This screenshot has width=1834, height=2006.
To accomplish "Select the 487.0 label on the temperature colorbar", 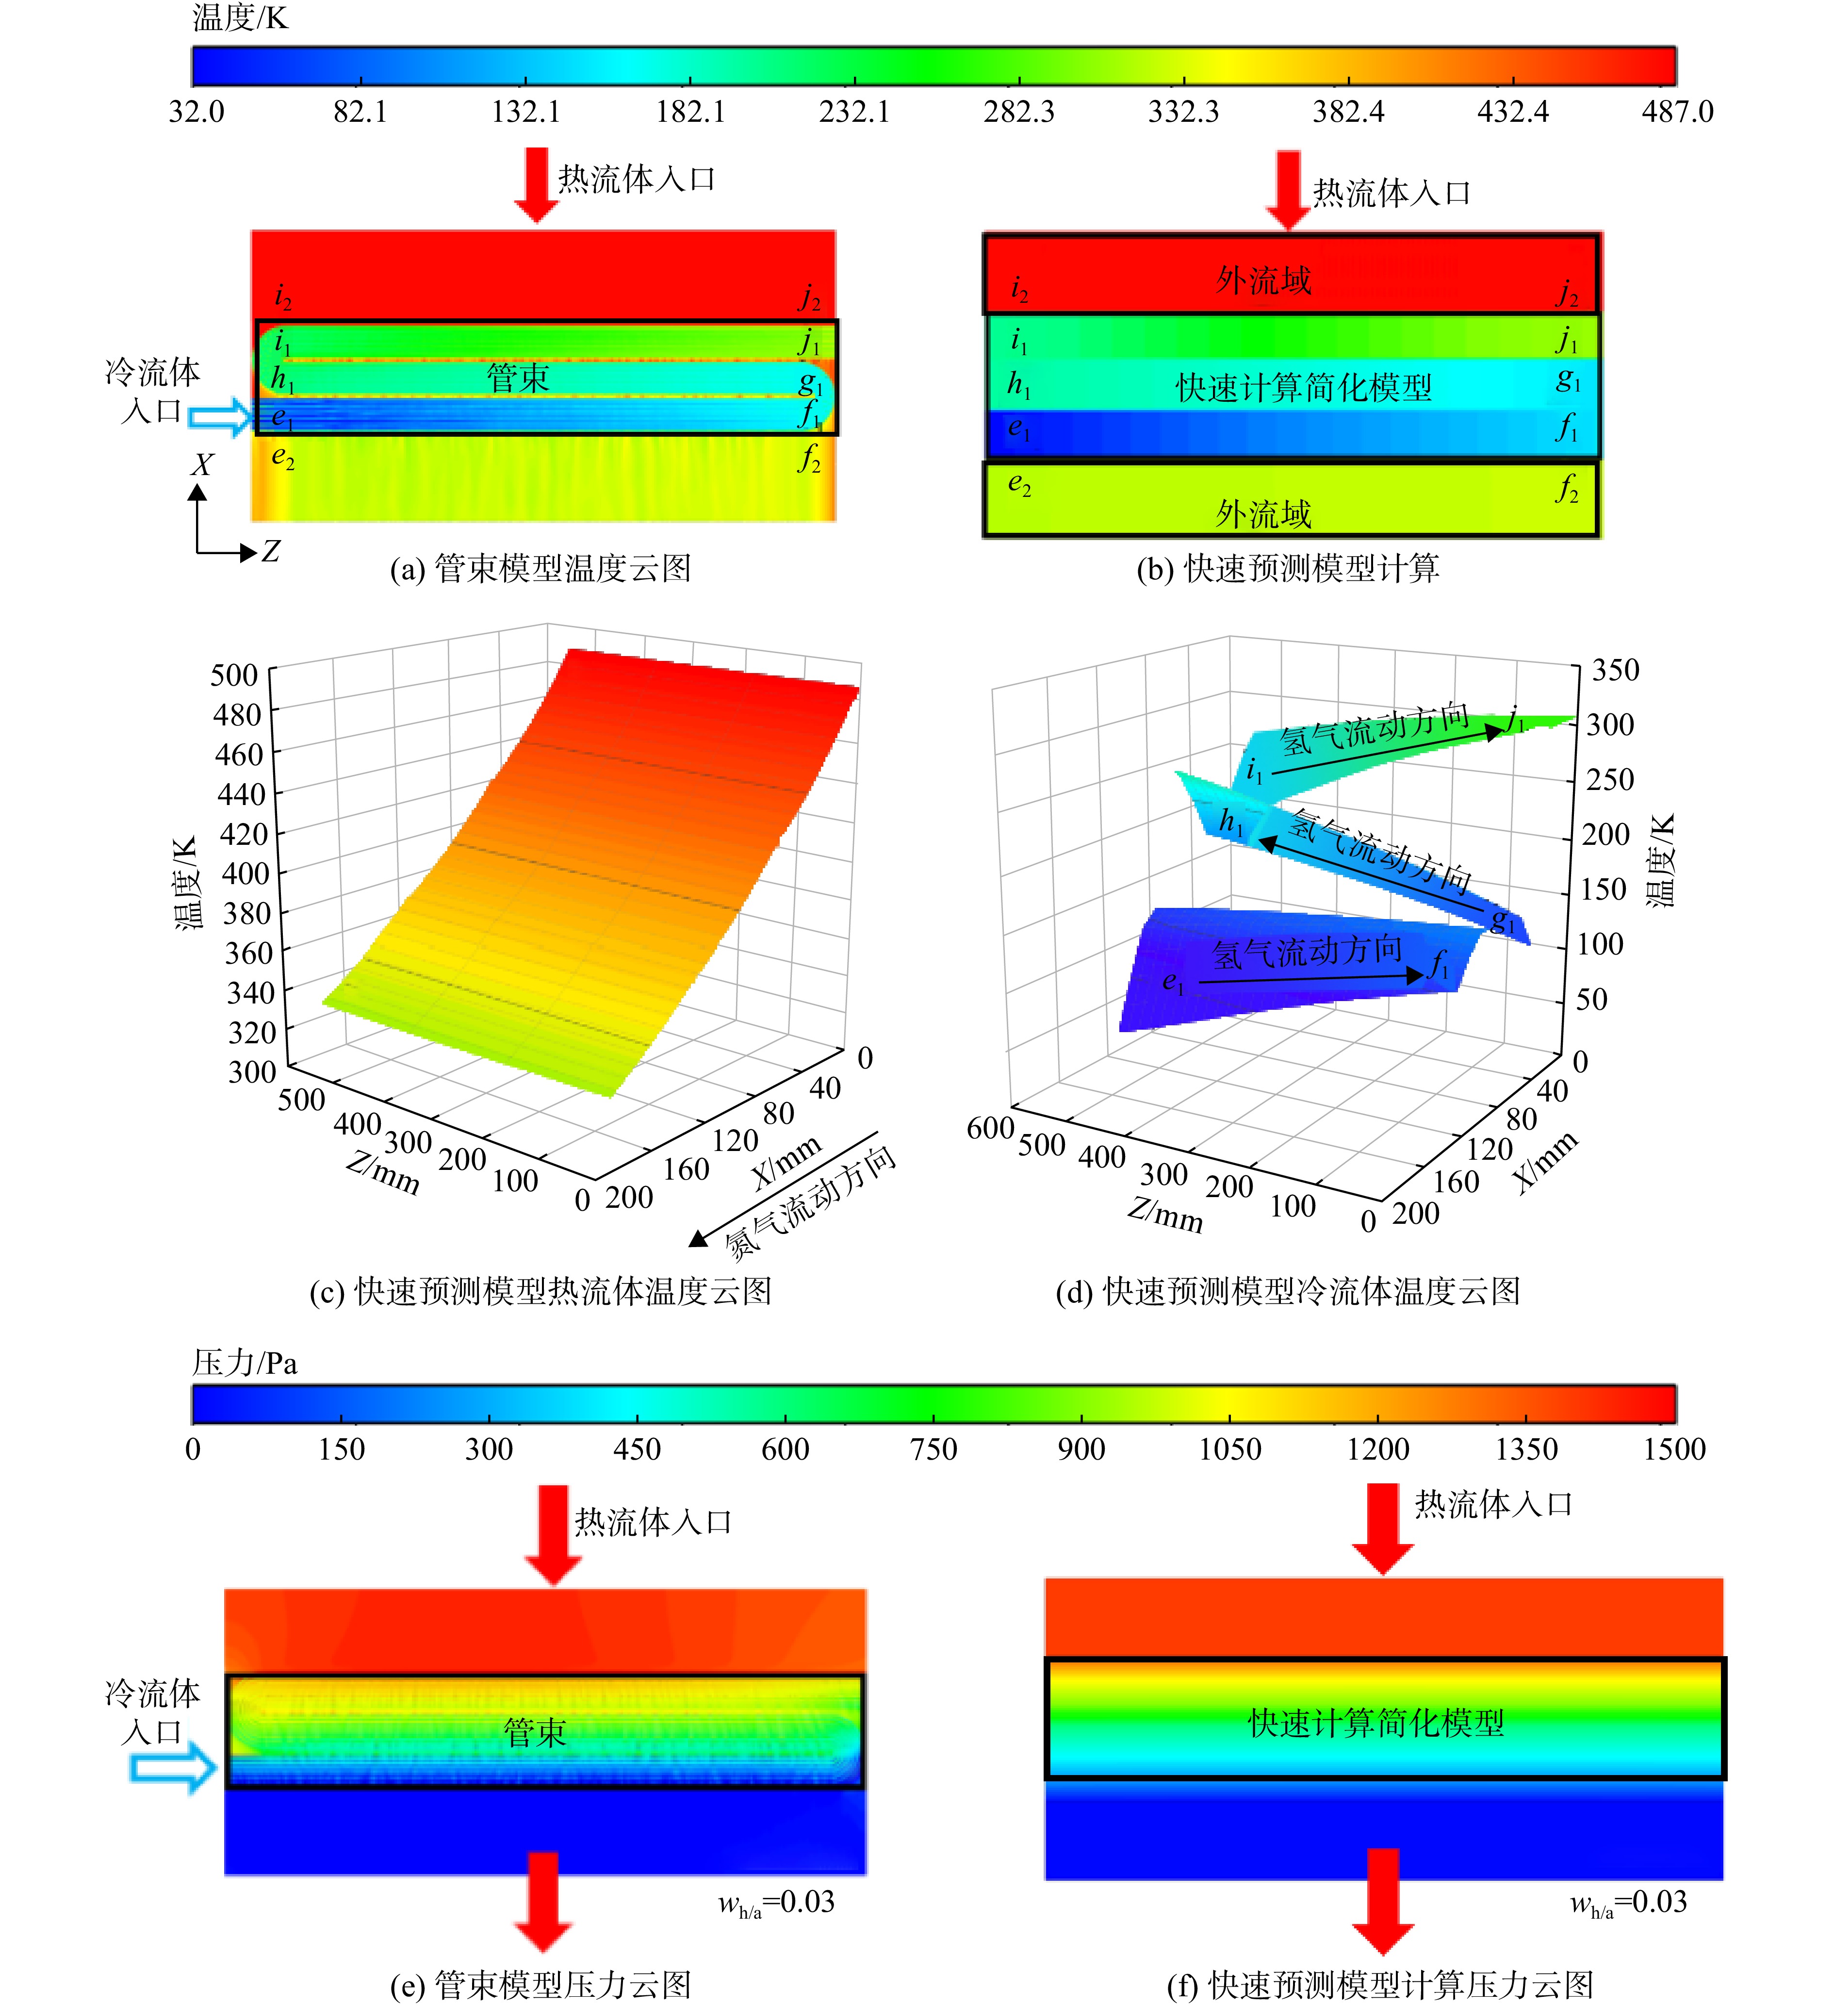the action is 1677,112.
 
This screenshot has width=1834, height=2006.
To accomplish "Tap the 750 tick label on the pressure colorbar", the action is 933,1449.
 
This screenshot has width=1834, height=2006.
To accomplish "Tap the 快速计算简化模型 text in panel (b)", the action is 1304,387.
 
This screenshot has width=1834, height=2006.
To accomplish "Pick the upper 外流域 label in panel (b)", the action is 1264,280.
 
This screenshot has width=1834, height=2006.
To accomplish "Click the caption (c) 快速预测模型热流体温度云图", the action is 540,1292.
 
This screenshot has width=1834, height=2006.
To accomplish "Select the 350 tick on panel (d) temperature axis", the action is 1615,670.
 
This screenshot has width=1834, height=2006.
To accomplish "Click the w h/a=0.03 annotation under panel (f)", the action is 1628,1904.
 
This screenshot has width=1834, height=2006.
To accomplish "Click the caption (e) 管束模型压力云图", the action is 540,1985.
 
